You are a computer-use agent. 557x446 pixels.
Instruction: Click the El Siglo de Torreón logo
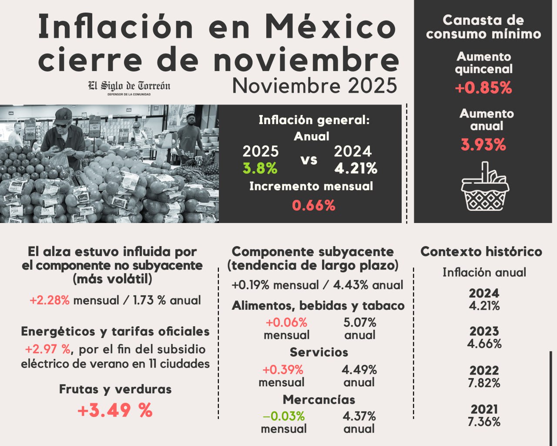tap(129, 87)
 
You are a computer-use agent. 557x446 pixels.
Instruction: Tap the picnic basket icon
tap(485, 187)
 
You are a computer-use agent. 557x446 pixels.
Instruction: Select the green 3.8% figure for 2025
tap(260, 168)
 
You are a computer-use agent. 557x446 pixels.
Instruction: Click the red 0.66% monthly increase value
tap(313, 205)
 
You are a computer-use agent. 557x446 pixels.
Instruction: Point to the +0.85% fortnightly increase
tap(483, 88)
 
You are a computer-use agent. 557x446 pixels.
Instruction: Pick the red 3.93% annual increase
tap(483, 145)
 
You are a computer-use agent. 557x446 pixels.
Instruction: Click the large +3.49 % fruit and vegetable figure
tap(115, 410)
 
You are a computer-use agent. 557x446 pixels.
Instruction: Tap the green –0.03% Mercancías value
tap(284, 416)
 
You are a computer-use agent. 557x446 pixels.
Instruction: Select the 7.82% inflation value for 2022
tap(484, 383)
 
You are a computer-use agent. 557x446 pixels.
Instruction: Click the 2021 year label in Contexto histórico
tap(484, 409)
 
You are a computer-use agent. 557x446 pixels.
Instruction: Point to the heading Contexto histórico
tap(481, 252)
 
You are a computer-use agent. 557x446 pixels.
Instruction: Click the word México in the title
tap(331, 27)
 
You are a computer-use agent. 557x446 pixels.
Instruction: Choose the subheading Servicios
tap(319, 352)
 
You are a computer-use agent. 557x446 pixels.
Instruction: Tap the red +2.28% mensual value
tap(50, 301)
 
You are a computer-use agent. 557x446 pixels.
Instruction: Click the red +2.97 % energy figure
tap(48, 349)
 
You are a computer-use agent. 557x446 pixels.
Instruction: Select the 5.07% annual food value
tap(360, 323)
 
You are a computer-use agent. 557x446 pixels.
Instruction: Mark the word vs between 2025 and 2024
tap(309, 160)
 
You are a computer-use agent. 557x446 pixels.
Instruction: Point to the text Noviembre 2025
tap(315, 85)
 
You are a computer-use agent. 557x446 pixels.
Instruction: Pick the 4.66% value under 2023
tap(484, 344)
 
